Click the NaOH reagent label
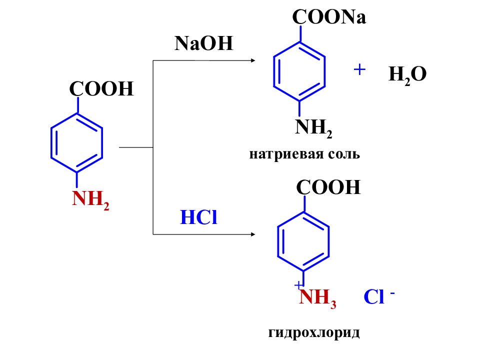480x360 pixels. click(204, 43)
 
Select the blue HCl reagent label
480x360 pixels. click(198, 217)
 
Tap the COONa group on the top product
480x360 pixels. click(329, 17)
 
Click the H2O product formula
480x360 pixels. click(407, 74)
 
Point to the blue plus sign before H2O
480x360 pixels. click(359, 69)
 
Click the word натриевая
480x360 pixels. click(286, 154)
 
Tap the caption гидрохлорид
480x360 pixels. click(314, 332)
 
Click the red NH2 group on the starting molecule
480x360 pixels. click(90, 199)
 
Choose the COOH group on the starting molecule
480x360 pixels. click(101, 89)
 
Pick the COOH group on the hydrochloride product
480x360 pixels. click(328, 187)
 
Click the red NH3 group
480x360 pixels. click(317, 298)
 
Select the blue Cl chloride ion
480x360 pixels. click(374, 296)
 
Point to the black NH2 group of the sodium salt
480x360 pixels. click(313, 128)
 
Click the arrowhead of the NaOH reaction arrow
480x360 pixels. click(253, 60)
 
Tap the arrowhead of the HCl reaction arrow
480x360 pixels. click(253, 234)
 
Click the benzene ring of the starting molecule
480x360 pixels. click(51, 143)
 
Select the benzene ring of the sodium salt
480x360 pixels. click(273, 71)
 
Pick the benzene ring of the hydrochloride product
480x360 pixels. click(277, 241)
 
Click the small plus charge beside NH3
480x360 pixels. click(298, 285)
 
